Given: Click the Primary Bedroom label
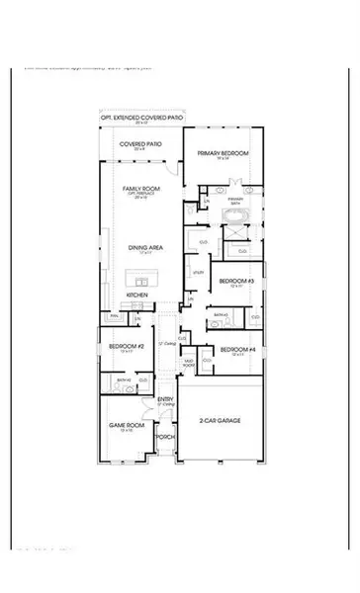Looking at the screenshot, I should pyautogui.click(x=223, y=154).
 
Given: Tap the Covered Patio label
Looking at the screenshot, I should pyautogui.click(x=141, y=144).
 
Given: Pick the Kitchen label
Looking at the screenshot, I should pyautogui.click(x=136, y=295).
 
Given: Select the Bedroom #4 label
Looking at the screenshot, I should pyautogui.click(x=234, y=350).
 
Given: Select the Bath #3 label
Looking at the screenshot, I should pyautogui.click(x=223, y=315).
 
